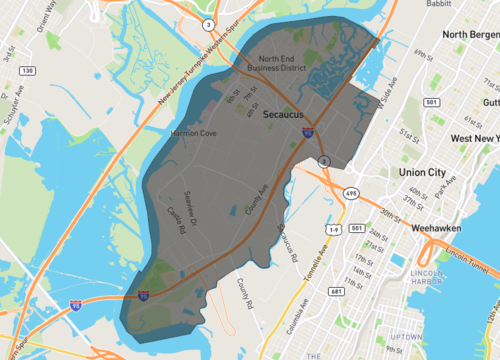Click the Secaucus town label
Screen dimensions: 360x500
[x=283, y=116]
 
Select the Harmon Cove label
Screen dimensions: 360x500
[x=194, y=132]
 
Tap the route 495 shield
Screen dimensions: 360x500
[x=350, y=194]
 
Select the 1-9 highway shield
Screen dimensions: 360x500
[x=335, y=230]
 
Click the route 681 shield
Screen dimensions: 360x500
[x=336, y=291]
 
